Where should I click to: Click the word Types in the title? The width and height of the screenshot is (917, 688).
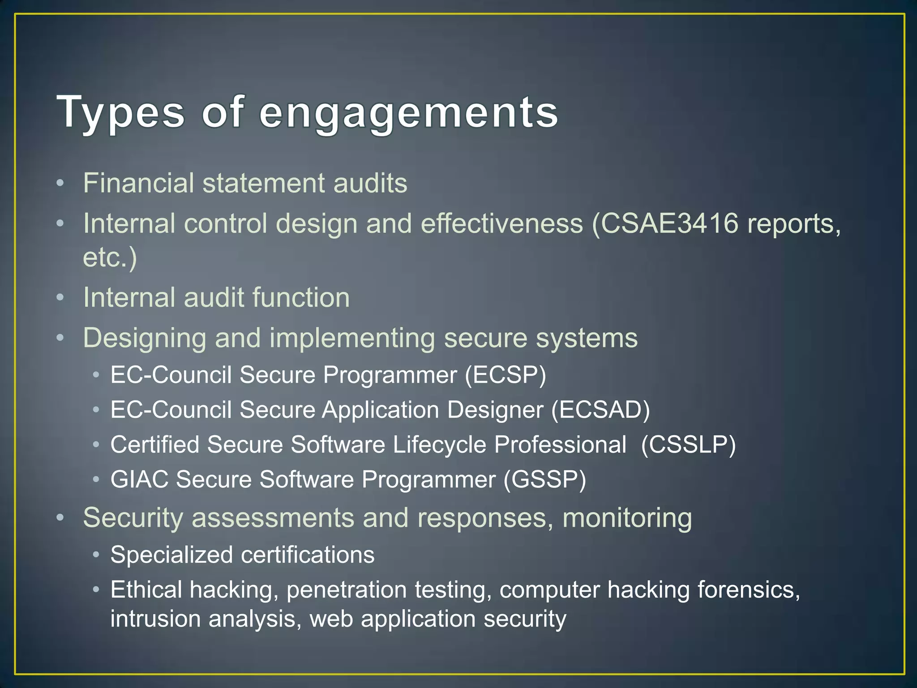pos(121,112)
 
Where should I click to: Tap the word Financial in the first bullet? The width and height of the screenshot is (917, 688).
pos(138,183)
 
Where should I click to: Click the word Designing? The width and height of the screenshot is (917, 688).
pos(145,338)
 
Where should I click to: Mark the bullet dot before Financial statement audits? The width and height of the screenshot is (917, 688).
pos(60,184)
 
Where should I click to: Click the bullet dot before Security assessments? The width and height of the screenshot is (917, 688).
pos(60,518)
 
